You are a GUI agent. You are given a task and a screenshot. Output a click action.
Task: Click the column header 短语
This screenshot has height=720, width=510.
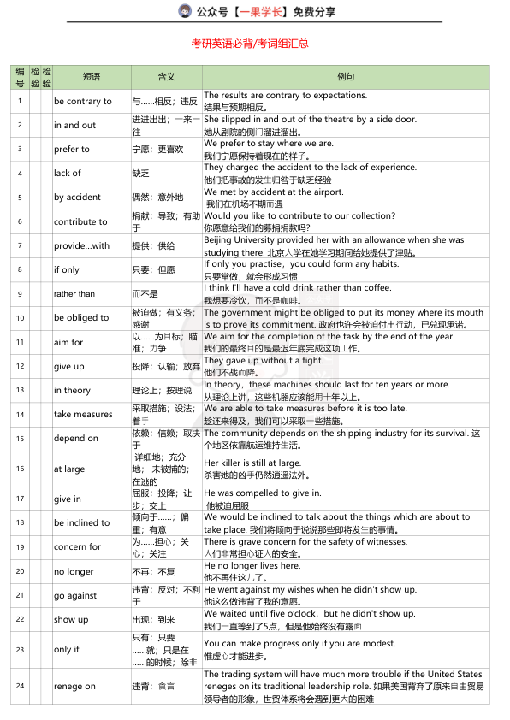[x=91, y=77]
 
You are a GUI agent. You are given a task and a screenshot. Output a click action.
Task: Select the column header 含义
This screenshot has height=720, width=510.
[x=166, y=77]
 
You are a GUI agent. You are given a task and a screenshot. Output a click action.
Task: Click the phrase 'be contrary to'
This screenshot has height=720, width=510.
[x=83, y=102]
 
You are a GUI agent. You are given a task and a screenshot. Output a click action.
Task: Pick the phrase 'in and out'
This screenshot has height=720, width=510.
[x=75, y=126]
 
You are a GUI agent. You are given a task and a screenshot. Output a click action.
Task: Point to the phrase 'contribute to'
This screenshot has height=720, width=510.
[x=80, y=221]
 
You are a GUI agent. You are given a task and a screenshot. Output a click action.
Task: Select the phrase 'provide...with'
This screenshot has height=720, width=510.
[x=82, y=246]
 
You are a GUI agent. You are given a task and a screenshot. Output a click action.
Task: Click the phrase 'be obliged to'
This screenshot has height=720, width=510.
[x=81, y=318]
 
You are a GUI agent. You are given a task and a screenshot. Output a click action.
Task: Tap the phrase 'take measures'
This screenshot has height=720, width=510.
[x=83, y=414]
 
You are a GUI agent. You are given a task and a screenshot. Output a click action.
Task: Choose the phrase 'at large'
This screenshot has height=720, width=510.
[x=69, y=469]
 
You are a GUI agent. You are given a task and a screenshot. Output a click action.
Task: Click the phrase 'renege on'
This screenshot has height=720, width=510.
[x=75, y=686]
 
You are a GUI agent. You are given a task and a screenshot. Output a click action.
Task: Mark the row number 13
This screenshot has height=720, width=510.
[x=20, y=390]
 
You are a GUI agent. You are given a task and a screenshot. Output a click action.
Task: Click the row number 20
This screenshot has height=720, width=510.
[x=20, y=571]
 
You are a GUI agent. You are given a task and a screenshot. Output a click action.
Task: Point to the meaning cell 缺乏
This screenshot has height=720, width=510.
[x=141, y=174]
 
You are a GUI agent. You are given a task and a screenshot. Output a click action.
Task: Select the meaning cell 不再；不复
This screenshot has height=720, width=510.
[x=154, y=571]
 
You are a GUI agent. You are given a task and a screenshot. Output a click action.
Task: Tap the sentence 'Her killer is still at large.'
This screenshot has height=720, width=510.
[x=252, y=463]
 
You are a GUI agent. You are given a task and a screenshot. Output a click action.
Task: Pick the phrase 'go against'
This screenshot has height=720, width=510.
[x=76, y=595]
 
